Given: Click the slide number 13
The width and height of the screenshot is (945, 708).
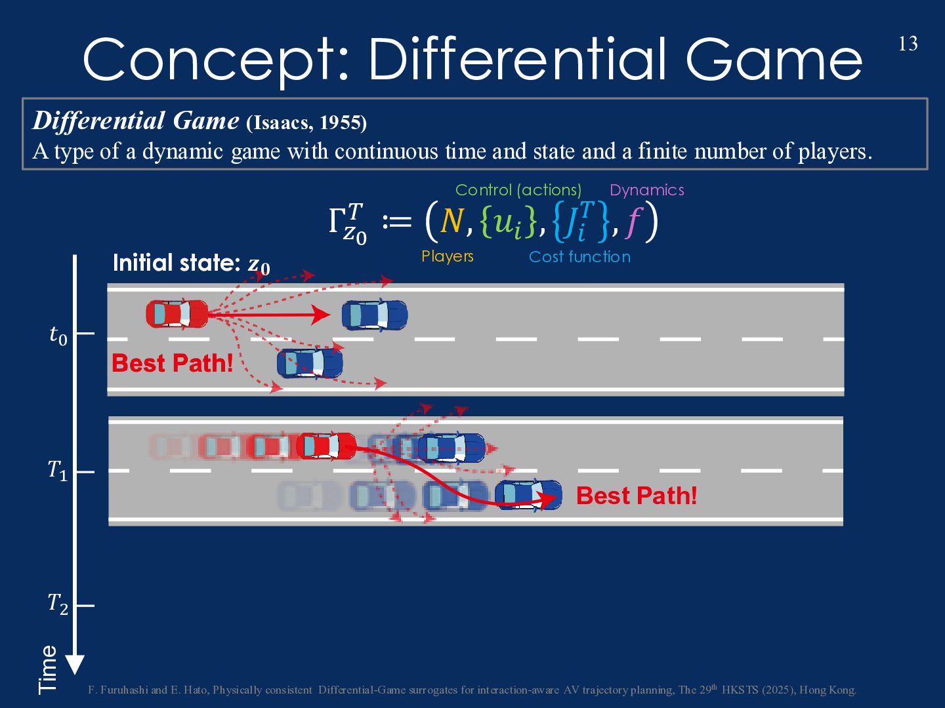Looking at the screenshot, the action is tap(908, 44).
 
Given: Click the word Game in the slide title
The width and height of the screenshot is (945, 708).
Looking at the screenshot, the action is tap(774, 60).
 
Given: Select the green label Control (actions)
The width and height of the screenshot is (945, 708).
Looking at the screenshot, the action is tap(518, 190).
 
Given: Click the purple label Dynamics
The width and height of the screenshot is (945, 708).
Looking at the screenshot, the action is tap(646, 190).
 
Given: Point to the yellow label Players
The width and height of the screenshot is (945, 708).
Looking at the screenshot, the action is tap(448, 256).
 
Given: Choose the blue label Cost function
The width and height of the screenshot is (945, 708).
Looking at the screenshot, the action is tap(579, 257).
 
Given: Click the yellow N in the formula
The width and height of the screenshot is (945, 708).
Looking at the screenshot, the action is tap(451, 222).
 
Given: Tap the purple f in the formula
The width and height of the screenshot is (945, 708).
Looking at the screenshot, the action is tap(633, 222).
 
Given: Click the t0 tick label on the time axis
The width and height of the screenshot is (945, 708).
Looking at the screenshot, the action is tap(58, 335).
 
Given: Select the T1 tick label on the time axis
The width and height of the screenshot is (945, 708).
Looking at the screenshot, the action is tap(58, 470).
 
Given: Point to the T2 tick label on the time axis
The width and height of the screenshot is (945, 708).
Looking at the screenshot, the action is tap(58, 604).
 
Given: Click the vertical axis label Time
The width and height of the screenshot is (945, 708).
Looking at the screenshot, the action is tap(48, 669).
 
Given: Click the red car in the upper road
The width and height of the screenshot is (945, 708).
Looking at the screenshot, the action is tap(177, 314).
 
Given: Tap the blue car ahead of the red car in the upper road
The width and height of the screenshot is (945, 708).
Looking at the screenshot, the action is tap(374, 315).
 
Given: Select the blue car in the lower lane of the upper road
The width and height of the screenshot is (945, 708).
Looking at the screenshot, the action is tap(309, 363).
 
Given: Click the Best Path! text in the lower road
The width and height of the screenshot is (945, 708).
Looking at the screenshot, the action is tap(636, 496).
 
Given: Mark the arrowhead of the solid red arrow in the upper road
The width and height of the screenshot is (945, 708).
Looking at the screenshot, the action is tap(321, 315).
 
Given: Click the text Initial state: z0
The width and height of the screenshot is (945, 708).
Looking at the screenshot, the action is tap(191, 264).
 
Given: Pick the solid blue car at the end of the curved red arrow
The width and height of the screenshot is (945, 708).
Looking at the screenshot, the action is tap(528, 495).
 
